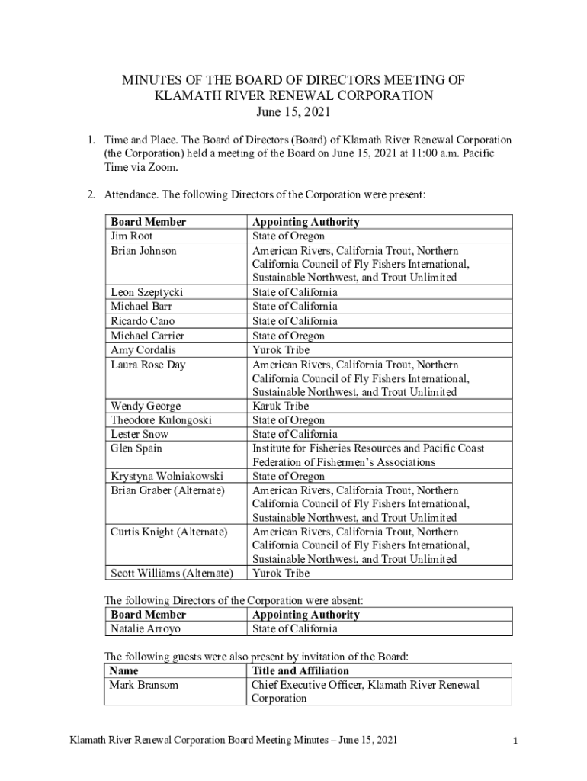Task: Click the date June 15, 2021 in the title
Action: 293,113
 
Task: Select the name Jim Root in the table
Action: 132,236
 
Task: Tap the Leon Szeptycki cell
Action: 147,292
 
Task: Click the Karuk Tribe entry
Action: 281,406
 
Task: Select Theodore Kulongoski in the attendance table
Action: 161,420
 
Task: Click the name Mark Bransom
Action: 144,685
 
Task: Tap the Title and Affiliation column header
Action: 300,670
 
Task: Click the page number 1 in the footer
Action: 515,741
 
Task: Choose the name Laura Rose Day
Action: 148,365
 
